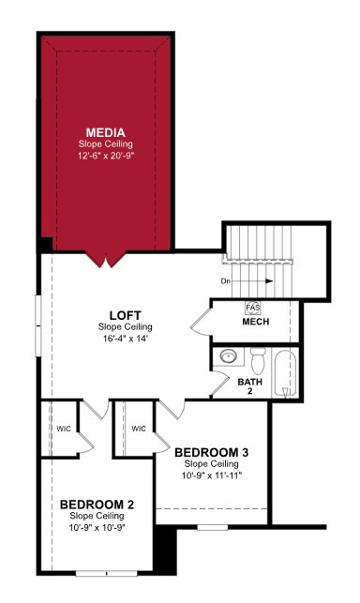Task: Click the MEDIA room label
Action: click(105, 132)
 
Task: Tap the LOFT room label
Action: click(125, 315)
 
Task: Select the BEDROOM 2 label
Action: click(97, 505)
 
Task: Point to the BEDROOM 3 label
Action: click(212, 452)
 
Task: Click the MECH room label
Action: click(256, 322)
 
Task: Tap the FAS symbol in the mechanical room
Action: click(253, 308)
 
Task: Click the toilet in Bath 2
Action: click(258, 361)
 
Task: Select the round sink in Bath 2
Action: click(230, 355)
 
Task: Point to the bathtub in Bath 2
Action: click(285, 373)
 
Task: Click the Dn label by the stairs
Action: click(226, 281)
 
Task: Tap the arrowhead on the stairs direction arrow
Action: click(269, 281)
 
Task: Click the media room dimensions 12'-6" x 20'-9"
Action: click(106, 156)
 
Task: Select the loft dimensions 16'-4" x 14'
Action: click(125, 339)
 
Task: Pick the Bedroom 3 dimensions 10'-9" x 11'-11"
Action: click(212, 475)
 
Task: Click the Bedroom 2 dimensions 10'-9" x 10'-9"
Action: click(97, 528)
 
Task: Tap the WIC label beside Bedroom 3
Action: click(139, 429)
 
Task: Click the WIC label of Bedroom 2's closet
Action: click(64, 429)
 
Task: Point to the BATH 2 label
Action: click(250, 386)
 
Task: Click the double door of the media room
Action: click(106, 259)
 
